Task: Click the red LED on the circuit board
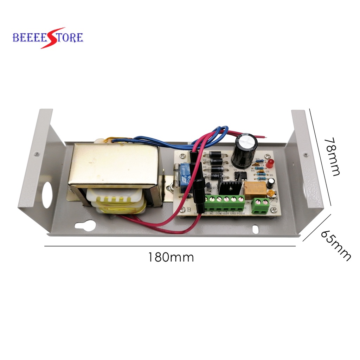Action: point(270,163)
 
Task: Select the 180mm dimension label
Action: point(171,257)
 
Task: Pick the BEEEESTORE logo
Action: point(48,37)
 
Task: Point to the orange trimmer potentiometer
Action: point(271,193)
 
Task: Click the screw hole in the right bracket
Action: point(306,155)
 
